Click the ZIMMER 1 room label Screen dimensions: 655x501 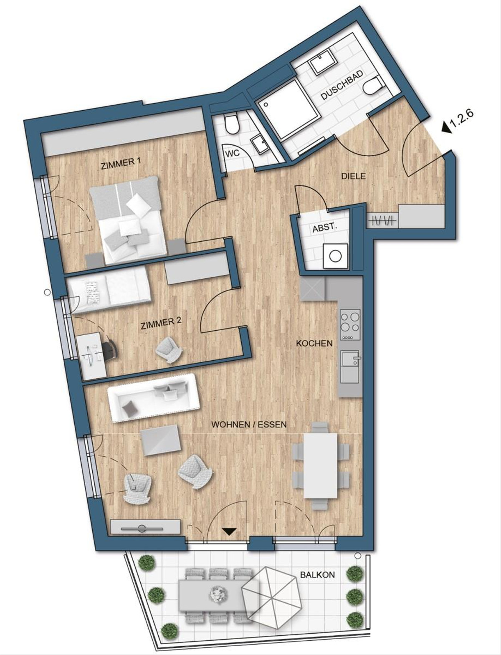121,164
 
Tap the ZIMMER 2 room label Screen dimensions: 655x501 161,323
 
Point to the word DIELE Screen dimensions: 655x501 353,176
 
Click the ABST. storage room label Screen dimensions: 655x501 324,228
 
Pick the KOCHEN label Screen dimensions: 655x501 314,343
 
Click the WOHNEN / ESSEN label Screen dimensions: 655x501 249,425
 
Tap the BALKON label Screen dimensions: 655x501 317,575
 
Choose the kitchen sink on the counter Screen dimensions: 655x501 350,358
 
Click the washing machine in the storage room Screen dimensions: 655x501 335,255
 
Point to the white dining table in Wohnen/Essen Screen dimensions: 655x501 320,465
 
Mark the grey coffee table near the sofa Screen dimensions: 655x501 161,441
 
